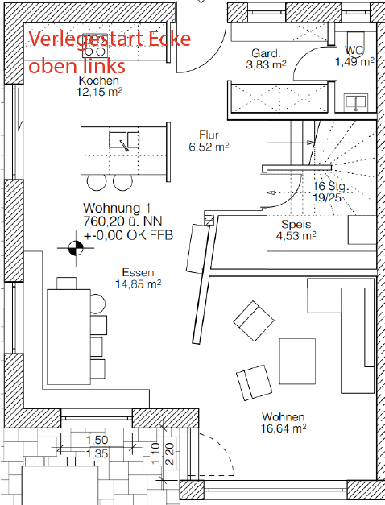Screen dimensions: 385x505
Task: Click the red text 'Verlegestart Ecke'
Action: coord(110,39)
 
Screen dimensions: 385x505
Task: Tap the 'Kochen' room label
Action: coord(98,81)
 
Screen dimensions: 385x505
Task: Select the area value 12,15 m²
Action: coord(99,92)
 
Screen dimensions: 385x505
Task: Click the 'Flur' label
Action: coord(209,135)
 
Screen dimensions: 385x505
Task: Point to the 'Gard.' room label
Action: coord(266,53)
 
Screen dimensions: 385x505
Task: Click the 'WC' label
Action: coord(354,50)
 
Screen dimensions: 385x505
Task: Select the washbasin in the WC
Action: coord(356,102)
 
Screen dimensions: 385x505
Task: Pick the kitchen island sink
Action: coord(124,140)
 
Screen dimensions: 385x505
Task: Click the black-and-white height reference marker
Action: coord(76,248)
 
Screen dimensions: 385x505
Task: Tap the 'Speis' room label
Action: coord(296,224)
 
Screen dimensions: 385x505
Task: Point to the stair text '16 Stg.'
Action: coord(330,186)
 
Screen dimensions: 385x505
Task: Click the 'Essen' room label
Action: coord(138,272)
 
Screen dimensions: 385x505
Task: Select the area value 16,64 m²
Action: coord(284,428)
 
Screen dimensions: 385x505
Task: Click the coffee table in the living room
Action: coord(297,361)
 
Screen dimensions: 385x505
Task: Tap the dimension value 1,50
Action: coord(97,440)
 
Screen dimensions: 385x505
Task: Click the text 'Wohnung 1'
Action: coord(117,208)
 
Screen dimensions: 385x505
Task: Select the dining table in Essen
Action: coord(68,337)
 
